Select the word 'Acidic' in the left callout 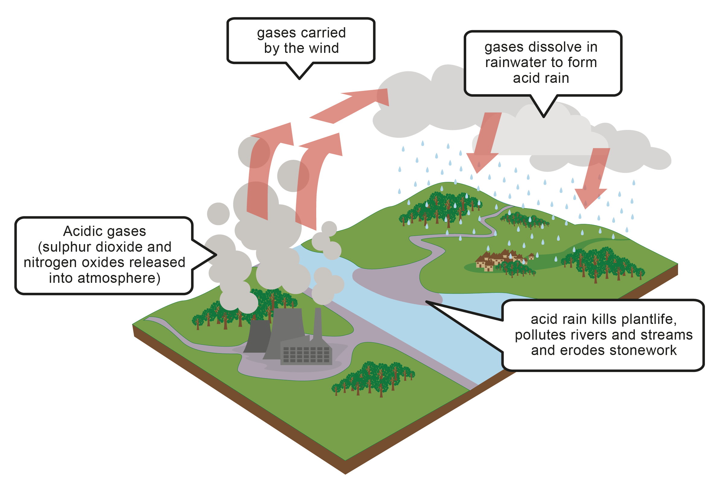click(82, 231)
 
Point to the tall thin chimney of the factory click(318, 324)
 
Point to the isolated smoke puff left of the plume click(218, 214)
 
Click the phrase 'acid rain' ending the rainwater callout click(541, 78)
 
